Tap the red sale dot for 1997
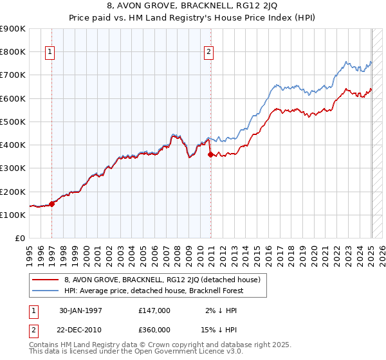52,204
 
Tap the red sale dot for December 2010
210,154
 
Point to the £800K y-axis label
13,52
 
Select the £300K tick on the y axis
13,168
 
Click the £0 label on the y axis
19,239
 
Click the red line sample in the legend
45,280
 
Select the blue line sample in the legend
45,292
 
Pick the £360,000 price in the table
154,329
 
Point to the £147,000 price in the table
154,310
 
